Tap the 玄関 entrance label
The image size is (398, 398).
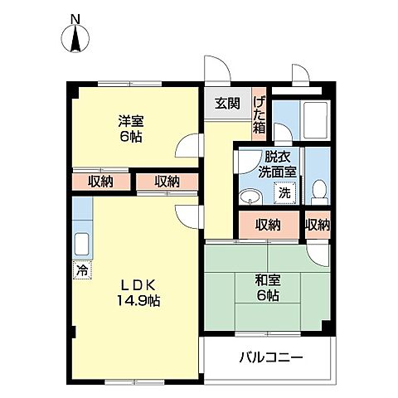227,104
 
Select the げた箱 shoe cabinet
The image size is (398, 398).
259,114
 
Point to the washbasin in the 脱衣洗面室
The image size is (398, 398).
250,197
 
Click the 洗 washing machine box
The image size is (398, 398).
284,193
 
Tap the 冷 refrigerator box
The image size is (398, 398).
82,269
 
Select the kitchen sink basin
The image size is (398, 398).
82,244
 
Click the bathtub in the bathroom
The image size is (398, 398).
315,120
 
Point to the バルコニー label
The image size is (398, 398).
271,358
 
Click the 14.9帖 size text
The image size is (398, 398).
138,300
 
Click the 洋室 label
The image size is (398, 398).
131,121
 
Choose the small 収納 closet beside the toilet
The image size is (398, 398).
318,225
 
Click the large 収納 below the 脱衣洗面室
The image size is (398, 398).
269,225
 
